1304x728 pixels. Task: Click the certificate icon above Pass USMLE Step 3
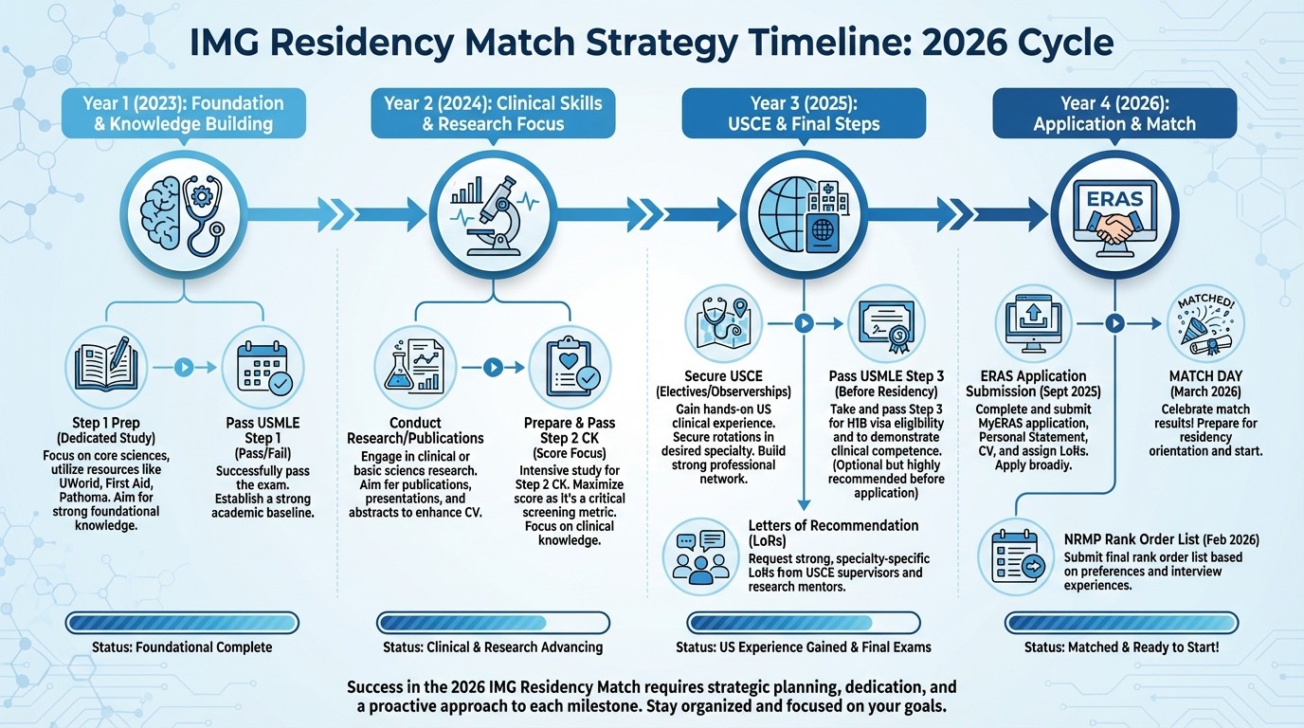(x=885, y=323)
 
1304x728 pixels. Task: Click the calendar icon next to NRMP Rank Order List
(x=1015, y=557)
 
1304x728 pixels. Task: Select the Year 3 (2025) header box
(x=804, y=113)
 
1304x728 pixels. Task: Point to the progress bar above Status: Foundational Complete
(x=182, y=623)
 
